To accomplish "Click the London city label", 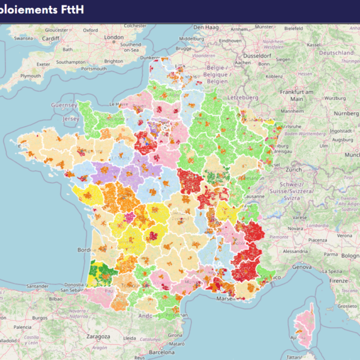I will [114, 37].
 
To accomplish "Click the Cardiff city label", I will [51, 38].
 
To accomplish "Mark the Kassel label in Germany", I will [313, 44].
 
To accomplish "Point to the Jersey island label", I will [71, 119].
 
